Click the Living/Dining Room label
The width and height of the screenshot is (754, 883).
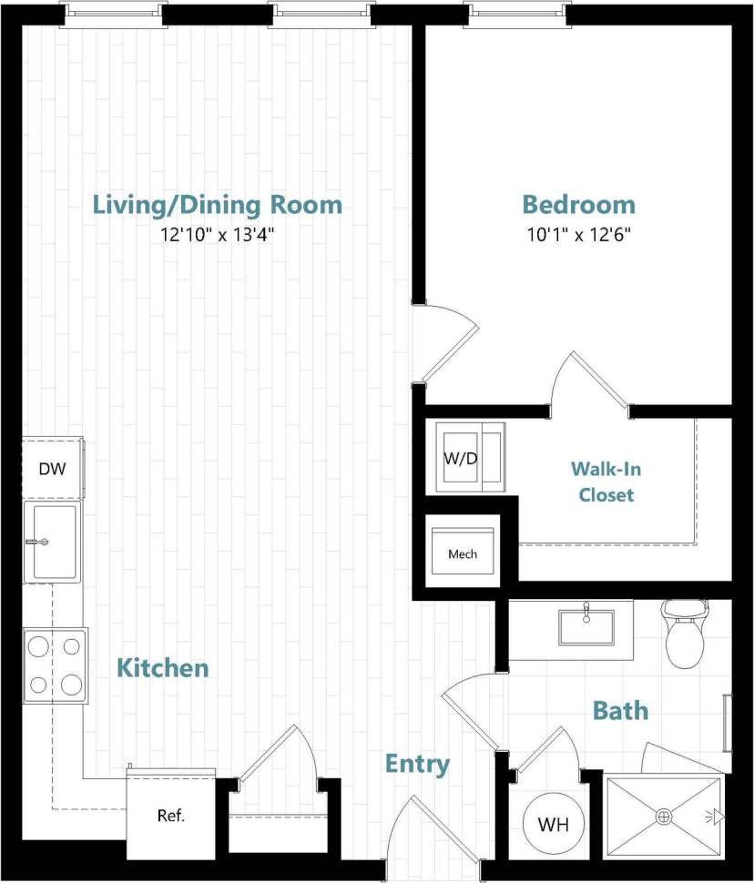218,204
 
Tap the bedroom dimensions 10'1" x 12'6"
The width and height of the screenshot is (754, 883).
578,234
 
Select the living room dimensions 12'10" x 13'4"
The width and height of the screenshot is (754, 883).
218,235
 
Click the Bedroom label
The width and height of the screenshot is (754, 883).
578,204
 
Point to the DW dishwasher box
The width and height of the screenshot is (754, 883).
52,469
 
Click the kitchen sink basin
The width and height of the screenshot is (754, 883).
54,543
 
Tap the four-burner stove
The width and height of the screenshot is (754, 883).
55,665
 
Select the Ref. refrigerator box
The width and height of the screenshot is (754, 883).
170,816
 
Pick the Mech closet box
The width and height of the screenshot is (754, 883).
463,553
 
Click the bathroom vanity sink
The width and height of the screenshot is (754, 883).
586,627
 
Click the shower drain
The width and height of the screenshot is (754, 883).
664,816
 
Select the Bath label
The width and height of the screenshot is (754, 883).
620,710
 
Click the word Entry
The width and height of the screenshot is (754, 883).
417,764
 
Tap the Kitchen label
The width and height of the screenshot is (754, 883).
163,668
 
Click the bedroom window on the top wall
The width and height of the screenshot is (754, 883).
517,13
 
